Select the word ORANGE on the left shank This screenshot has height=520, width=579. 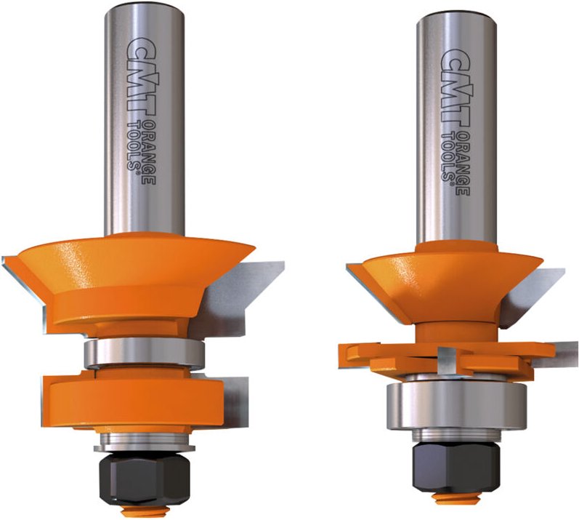(x=149, y=153)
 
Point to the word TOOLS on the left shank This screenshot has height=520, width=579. (x=133, y=147)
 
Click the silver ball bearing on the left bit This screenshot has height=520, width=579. (x=143, y=353)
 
